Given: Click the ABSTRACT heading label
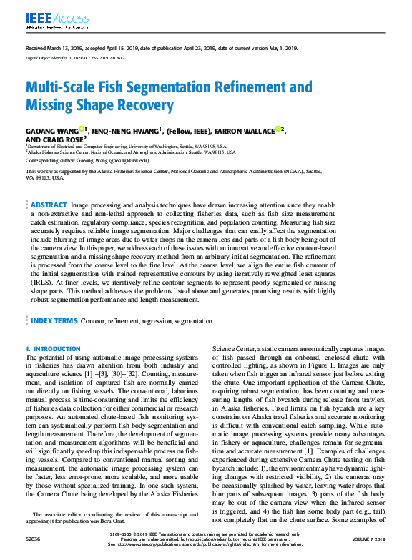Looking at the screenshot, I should [x=49, y=185].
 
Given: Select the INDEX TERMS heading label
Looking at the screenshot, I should [x=54, y=322].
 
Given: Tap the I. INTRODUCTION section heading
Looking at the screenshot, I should [x=53, y=349].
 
